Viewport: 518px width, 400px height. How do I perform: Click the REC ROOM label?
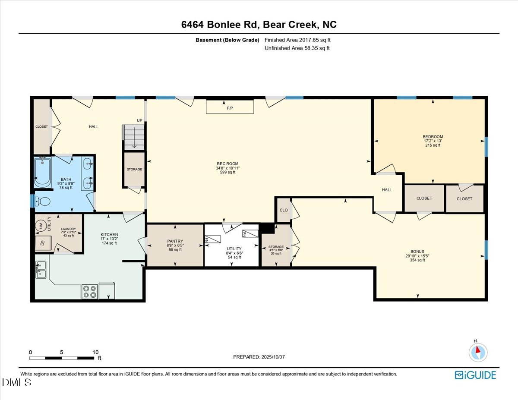227,164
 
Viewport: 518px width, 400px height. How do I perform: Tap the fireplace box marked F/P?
230,107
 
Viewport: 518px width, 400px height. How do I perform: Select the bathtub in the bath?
42,172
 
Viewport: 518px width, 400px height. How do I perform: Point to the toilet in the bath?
42,202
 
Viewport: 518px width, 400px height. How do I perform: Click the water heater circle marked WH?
41,225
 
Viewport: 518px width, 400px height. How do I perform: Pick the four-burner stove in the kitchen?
90,292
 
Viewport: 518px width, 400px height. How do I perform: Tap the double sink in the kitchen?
41,270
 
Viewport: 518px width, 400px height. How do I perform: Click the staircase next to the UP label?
134,137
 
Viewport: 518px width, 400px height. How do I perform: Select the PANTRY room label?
175,241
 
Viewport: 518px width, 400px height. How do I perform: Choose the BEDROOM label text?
433,137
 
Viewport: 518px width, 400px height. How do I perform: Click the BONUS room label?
417,252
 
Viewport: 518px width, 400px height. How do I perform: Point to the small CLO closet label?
284,210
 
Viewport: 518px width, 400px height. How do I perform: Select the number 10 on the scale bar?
95,352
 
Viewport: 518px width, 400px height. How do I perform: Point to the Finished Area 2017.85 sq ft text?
297,40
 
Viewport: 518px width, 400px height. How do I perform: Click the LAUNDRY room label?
68,229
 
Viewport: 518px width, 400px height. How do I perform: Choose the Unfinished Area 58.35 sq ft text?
297,48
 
